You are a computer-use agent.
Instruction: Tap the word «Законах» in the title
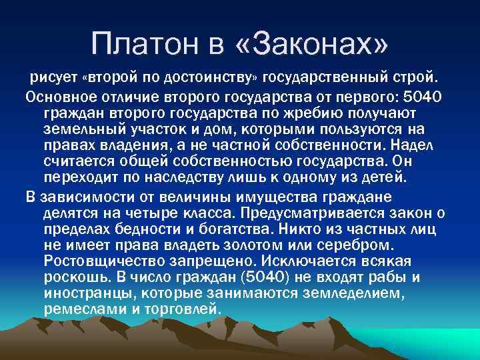311,45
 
